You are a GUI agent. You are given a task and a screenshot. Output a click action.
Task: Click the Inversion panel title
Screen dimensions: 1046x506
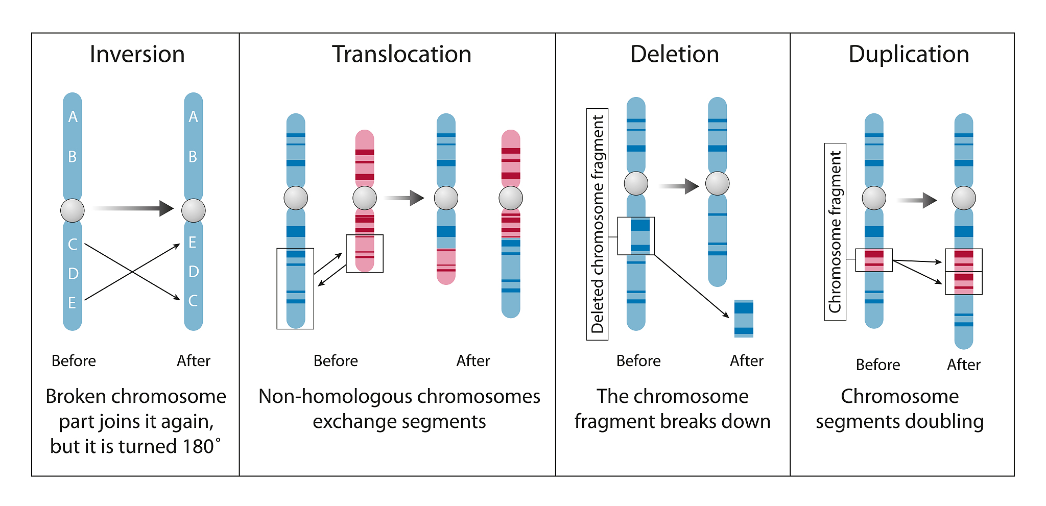[137, 54]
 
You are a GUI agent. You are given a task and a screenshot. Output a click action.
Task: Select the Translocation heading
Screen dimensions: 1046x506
[401, 54]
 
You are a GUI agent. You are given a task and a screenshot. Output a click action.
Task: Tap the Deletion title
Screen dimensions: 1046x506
[675, 54]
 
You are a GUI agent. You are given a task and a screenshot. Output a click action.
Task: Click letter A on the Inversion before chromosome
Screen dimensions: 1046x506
[73, 117]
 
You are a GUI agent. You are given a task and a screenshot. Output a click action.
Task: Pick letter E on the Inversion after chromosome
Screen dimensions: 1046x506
[193, 243]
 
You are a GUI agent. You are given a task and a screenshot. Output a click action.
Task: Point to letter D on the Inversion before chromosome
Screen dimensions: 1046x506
[73, 274]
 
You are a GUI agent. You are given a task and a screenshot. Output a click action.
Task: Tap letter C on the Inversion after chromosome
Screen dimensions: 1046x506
[193, 301]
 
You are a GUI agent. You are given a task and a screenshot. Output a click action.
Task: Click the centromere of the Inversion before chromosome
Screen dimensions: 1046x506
[73, 210]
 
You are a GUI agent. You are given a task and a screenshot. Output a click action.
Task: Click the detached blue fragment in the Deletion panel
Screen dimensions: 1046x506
[744, 319]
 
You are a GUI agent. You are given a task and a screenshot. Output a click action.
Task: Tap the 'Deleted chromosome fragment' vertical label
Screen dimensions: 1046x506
[597, 224]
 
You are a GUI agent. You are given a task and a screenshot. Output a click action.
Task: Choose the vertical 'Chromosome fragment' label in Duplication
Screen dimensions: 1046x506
[835, 232]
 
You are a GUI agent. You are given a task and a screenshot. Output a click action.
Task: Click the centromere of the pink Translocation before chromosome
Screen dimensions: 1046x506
[365, 198]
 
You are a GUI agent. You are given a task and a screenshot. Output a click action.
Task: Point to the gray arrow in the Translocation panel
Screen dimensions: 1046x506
[404, 198]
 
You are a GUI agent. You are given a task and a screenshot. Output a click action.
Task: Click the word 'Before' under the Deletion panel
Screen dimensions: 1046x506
[638, 361]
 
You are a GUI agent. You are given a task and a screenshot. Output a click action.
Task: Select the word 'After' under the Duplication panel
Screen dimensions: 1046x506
[964, 365]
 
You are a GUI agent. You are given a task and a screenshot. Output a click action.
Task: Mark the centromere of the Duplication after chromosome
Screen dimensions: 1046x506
[964, 198]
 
